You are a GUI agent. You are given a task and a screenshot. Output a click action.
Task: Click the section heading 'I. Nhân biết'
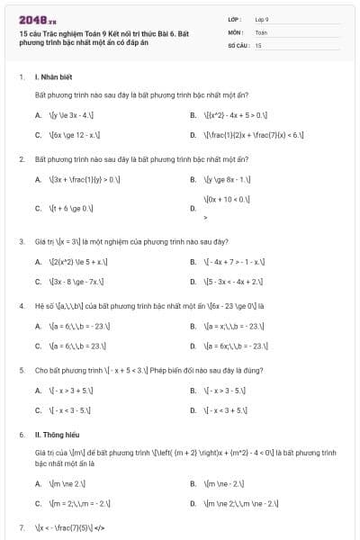point(54,77)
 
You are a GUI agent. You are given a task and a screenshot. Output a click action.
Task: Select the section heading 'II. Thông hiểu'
point(56,434)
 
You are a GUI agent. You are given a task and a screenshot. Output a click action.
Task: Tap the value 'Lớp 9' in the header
point(262,18)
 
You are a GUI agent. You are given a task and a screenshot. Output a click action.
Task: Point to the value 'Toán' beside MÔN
point(261,31)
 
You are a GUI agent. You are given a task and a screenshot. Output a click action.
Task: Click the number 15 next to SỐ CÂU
point(258,44)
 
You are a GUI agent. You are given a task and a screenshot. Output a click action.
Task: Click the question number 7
point(21,526)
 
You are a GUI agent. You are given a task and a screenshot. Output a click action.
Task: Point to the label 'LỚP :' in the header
point(236,18)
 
